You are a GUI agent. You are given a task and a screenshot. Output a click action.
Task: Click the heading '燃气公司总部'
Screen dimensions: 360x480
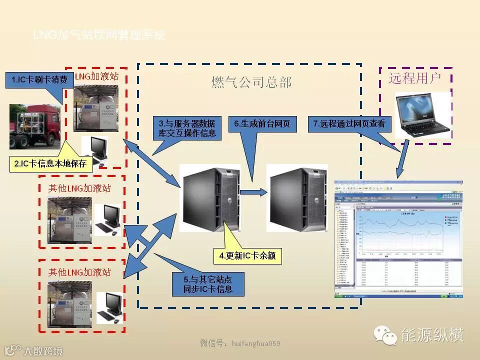pyautogui.click(x=250, y=82)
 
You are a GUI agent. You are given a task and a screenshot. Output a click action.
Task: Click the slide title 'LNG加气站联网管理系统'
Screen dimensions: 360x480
pyautogui.click(x=99, y=35)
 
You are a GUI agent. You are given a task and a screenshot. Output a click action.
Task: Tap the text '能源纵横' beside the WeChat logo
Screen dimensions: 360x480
pyautogui.click(x=433, y=335)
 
